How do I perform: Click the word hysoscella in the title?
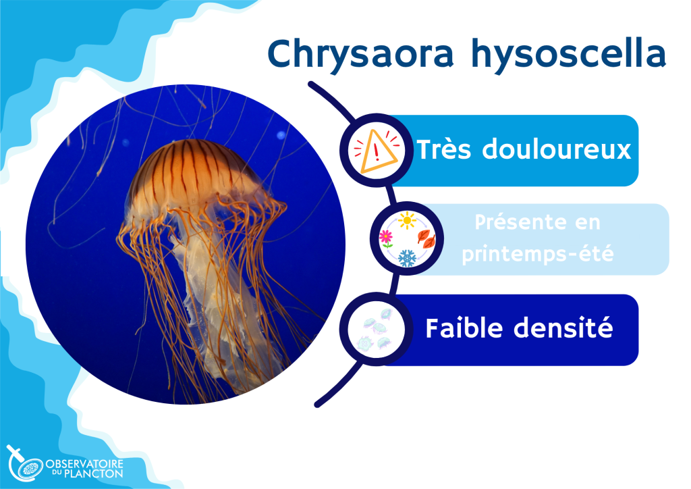[568, 53]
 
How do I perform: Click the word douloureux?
[557, 149]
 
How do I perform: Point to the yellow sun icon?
[407, 220]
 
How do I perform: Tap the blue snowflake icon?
[407, 259]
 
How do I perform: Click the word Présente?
[520, 222]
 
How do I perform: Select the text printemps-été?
[538, 253]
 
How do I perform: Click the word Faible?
[464, 328]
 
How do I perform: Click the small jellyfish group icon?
[377, 330]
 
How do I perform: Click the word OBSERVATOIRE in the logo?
[84, 464]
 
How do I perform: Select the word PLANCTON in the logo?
[93, 474]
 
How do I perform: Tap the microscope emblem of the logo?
[25, 463]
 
